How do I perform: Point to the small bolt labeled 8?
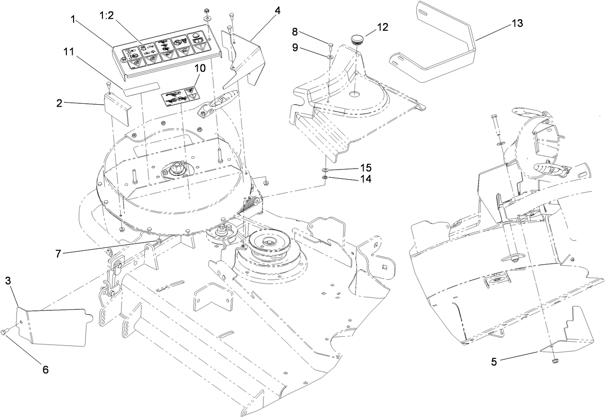(330, 47)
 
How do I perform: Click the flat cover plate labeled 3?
(53, 327)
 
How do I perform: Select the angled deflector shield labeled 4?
(245, 58)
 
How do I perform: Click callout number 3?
(8, 280)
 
